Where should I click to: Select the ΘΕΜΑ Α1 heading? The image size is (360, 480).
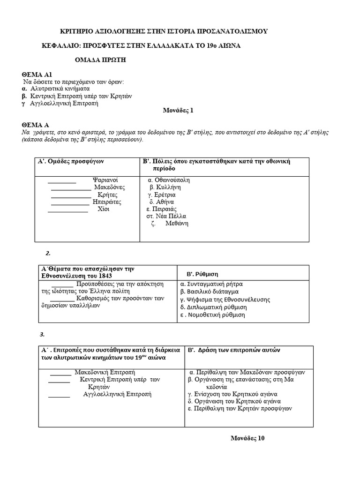39,74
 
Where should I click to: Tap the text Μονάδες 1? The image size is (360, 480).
178,111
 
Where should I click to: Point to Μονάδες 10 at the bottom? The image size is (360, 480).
247,438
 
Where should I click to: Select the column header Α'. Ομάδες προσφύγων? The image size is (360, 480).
70,161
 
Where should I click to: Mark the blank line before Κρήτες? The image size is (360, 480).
70,195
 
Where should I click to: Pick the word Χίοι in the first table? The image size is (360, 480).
103,209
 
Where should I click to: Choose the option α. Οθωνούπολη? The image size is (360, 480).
168,180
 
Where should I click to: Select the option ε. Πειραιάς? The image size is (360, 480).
161,209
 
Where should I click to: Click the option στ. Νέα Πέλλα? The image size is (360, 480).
166,216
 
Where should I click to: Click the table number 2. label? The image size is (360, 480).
48,254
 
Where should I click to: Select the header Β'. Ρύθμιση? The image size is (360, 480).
203,274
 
